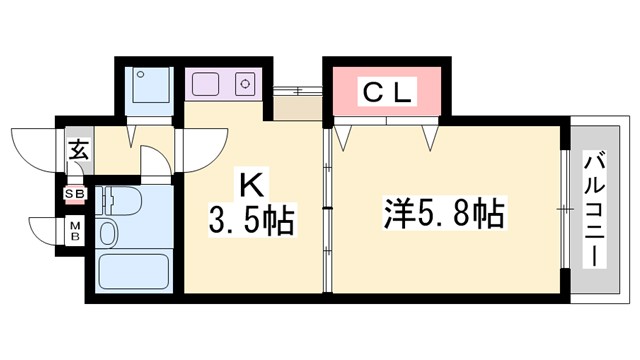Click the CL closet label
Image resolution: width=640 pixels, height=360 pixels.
tap(385, 93)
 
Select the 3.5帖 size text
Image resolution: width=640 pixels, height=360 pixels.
tap(252, 218)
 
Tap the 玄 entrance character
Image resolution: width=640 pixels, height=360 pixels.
tap(78, 152)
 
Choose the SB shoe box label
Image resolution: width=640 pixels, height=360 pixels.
tap(75, 194)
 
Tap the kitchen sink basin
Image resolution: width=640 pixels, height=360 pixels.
tap(205, 83)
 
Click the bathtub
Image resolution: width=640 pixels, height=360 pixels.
tap(133, 271)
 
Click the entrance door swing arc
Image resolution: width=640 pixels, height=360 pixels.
tap(32, 145)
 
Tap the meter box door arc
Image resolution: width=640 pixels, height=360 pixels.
tap(45, 230)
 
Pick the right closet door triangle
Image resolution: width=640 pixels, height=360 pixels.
tap(431, 136)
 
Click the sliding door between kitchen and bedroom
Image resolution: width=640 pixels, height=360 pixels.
tap(327, 210)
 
